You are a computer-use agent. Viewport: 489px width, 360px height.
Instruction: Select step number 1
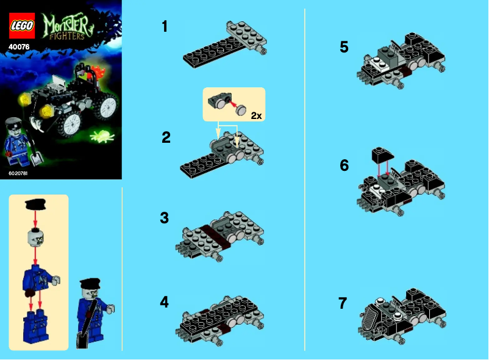165,26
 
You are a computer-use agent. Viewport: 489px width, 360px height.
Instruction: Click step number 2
166,137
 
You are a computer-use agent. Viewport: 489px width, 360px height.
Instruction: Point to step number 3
165,218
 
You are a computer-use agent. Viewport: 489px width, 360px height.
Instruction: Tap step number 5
344,47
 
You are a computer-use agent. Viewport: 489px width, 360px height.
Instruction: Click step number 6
344,165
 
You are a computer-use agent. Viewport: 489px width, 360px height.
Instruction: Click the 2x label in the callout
255,114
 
